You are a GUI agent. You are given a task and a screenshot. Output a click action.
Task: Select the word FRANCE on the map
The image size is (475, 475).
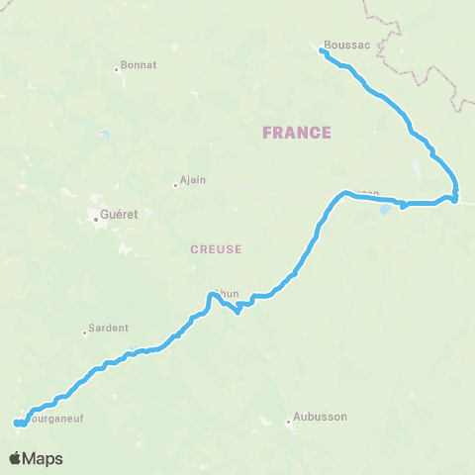[x=296, y=133]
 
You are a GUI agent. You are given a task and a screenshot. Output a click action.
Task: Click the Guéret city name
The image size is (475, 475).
[x=120, y=214]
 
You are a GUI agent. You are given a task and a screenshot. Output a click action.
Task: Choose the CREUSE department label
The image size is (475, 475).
[x=216, y=249]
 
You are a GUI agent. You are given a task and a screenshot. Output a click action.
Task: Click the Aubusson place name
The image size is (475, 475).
[x=323, y=417]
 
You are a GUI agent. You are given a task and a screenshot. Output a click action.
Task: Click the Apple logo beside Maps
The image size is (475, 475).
[x=16, y=458]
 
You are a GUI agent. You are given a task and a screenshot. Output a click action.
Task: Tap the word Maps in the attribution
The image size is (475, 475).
[x=44, y=458]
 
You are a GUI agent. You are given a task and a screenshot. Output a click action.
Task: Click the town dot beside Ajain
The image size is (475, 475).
[x=174, y=183]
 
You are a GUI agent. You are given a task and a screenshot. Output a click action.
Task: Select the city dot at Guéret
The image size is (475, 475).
[x=96, y=221]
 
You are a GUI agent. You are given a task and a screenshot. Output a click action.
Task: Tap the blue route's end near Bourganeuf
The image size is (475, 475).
[x=16, y=424]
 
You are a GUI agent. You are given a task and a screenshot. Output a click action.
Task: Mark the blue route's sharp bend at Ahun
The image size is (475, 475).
[x=239, y=315]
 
